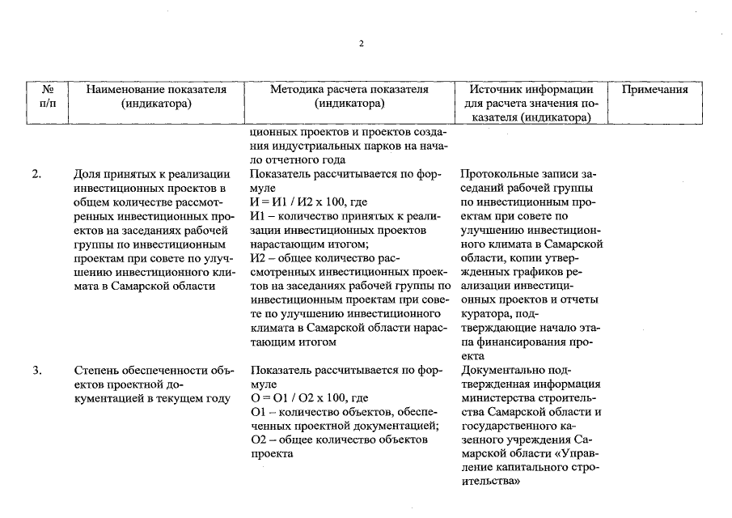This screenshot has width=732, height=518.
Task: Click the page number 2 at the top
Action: coord(362,44)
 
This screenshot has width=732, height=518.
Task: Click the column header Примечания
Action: coord(654,90)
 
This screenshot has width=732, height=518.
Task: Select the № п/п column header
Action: coord(48,96)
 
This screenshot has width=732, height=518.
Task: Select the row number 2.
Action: coord(36,174)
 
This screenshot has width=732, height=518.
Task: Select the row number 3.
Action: coord(36,371)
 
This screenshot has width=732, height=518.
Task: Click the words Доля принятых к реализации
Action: coord(151,174)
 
